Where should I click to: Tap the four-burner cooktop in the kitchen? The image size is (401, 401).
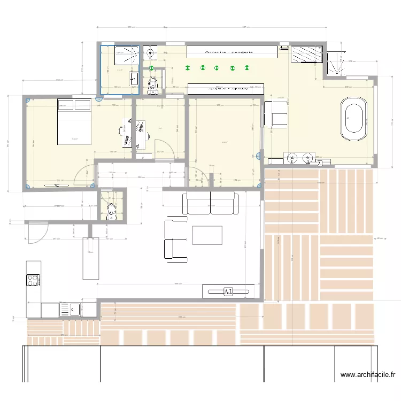[33, 280]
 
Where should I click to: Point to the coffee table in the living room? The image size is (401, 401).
[207, 235]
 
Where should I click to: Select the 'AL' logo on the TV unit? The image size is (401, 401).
[228, 291]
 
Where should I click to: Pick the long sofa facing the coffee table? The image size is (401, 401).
[210, 203]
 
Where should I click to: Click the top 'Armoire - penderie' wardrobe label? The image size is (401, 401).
[229, 51]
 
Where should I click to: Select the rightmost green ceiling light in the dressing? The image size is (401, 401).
[247, 67]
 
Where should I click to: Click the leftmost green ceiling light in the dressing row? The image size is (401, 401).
[187, 67]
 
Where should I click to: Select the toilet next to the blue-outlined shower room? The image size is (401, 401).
[153, 83]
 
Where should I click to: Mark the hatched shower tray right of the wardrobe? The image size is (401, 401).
[306, 54]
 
